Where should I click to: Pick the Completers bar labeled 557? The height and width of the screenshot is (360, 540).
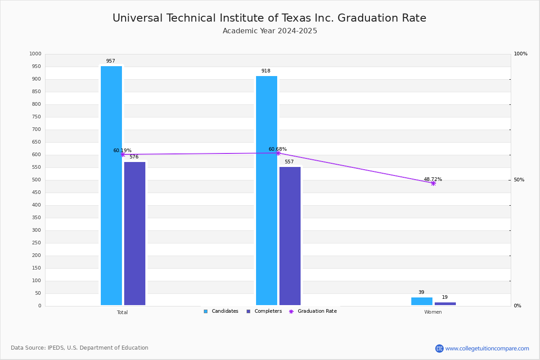click(x=290, y=236)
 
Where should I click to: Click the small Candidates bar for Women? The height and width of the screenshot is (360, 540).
click(x=422, y=301)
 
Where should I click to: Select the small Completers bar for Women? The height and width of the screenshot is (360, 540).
click(x=445, y=304)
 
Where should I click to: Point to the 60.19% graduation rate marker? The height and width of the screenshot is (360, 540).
click(x=122, y=154)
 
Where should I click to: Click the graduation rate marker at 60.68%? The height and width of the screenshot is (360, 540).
click(x=278, y=153)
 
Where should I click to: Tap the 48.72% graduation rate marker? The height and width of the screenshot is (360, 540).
click(x=433, y=183)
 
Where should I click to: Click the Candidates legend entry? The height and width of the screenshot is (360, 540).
click(x=221, y=311)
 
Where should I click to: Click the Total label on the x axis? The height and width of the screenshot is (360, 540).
click(x=122, y=312)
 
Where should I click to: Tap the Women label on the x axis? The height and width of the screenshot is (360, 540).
click(x=433, y=312)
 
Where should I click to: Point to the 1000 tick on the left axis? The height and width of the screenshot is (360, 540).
click(x=35, y=54)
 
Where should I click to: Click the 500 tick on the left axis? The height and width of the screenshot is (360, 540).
click(x=36, y=180)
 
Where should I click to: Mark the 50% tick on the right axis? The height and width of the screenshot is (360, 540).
click(x=519, y=180)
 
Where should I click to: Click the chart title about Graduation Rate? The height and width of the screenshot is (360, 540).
click(x=269, y=18)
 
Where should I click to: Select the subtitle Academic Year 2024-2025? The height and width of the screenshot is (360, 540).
click(x=270, y=31)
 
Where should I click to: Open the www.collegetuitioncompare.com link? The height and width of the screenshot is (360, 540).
click(x=487, y=348)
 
